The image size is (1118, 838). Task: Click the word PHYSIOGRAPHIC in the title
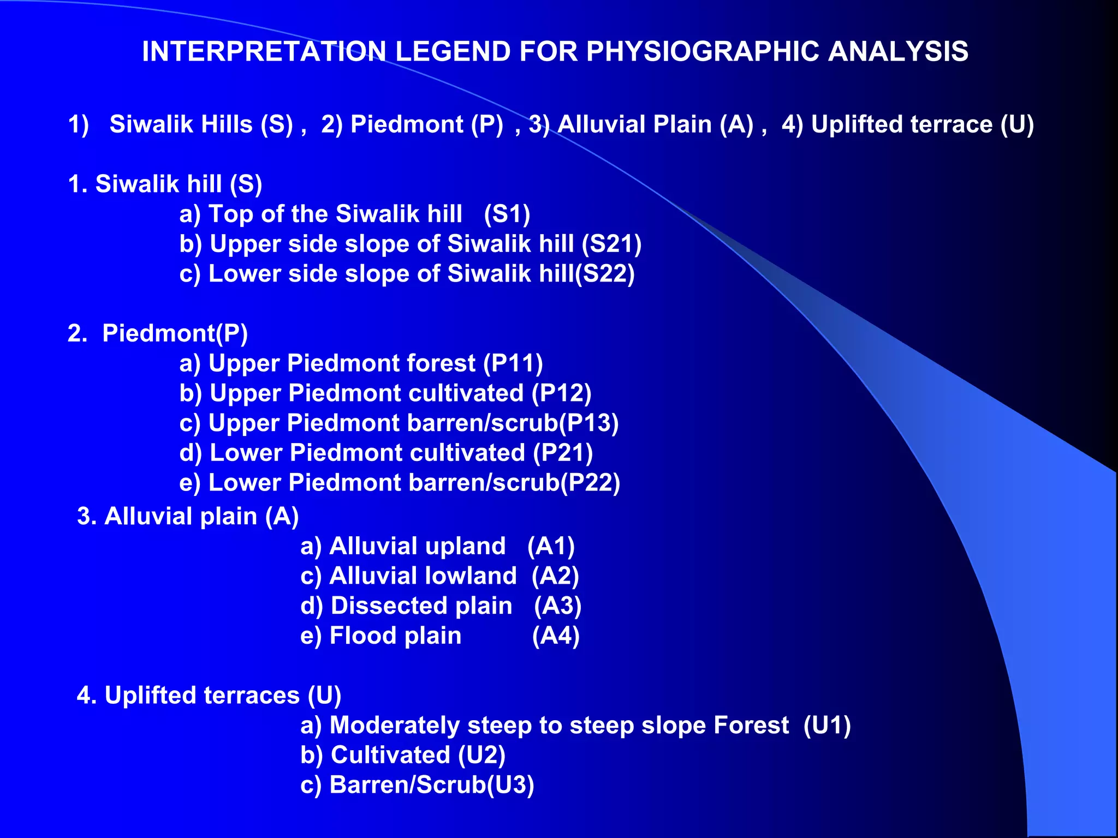pyautogui.click(x=701, y=52)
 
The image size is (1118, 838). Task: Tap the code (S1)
pyautogui.click(x=507, y=214)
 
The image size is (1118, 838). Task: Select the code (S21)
pyautogui.click(x=611, y=244)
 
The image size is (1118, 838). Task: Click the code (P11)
pyautogui.click(x=513, y=363)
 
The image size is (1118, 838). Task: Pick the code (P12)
pyautogui.click(x=562, y=393)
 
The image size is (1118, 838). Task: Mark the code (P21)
pyautogui.click(x=563, y=453)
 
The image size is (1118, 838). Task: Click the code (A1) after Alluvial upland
pyautogui.click(x=551, y=546)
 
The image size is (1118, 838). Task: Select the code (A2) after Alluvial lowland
pyautogui.click(x=555, y=576)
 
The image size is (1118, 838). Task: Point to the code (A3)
pyautogui.click(x=558, y=606)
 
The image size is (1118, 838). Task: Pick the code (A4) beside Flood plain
pyautogui.click(x=556, y=636)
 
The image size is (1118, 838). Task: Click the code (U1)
pyautogui.click(x=827, y=726)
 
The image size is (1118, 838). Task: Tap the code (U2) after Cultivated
pyautogui.click(x=482, y=755)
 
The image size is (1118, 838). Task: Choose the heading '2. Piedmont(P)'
pyautogui.click(x=158, y=333)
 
